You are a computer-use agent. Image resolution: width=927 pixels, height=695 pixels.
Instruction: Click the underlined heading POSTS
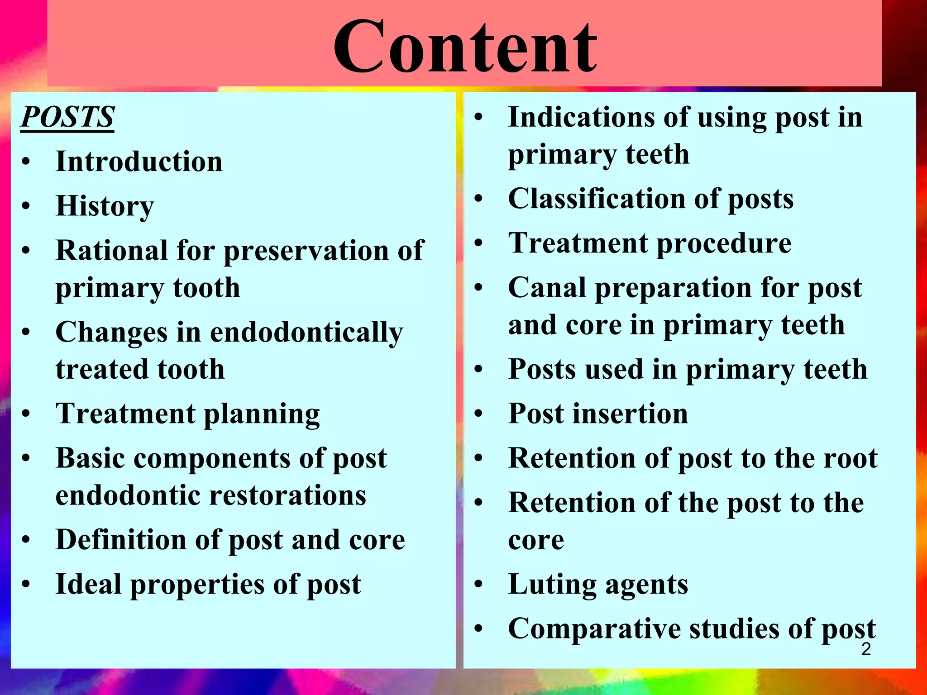pyautogui.click(x=67, y=117)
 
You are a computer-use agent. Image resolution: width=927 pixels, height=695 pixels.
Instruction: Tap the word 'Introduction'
pyautogui.click(x=139, y=162)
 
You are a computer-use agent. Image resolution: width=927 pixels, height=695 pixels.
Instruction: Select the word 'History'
pyautogui.click(x=105, y=206)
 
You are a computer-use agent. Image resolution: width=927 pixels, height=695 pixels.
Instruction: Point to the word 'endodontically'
pyautogui.click(x=306, y=333)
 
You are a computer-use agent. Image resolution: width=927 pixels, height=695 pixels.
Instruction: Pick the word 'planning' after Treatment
pyautogui.click(x=262, y=414)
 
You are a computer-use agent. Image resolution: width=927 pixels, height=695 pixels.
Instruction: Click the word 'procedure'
pyautogui.click(x=724, y=243)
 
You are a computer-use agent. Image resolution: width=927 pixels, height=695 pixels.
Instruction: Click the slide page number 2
pyautogui.click(x=866, y=649)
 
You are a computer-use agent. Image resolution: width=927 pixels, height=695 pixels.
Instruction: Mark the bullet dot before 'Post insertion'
pyautogui.click(x=479, y=414)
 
